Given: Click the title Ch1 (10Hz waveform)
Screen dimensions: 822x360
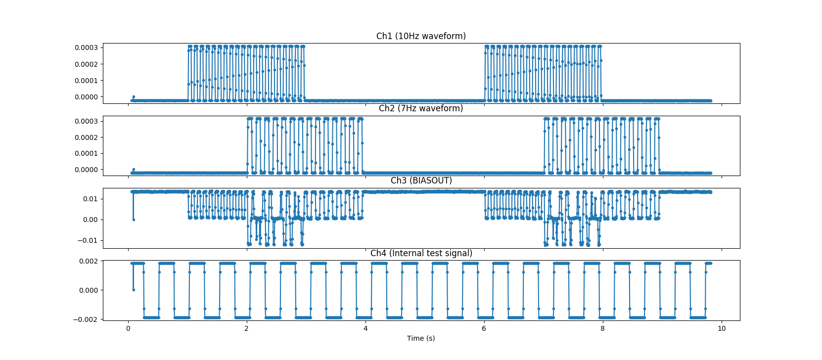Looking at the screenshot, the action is click(x=421, y=36).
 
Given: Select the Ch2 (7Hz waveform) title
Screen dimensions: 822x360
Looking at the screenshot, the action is click(x=421, y=108).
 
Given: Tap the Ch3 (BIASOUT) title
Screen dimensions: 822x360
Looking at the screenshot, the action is click(x=421, y=180).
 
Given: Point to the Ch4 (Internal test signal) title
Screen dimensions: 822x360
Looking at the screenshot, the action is click(x=421, y=253).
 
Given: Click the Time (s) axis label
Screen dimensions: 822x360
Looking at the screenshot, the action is click(x=421, y=338).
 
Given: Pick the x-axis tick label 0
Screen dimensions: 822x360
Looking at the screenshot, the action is click(x=128, y=328).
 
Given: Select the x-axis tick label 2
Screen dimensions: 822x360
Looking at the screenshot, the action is click(x=247, y=328).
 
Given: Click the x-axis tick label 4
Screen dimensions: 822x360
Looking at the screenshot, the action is click(x=365, y=328).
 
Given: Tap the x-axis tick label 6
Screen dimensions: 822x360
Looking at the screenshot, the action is click(x=484, y=328).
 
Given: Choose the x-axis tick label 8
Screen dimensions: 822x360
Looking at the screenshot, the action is click(x=602, y=328).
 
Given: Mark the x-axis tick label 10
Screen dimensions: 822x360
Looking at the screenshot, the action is click(x=722, y=328).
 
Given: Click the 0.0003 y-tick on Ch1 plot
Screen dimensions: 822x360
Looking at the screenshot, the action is click(x=86, y=47).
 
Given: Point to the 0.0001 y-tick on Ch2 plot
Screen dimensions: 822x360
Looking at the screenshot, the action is click(x=86, y=153).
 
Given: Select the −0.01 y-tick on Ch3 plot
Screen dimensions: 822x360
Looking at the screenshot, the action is click(x=88, y=241).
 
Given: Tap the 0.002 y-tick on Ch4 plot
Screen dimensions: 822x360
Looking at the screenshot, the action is click(x=89, y=261).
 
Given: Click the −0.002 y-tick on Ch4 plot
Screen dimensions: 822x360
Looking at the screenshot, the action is click(x=86, y=319).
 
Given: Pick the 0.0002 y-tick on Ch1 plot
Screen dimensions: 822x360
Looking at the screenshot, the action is click(x=86, y=64).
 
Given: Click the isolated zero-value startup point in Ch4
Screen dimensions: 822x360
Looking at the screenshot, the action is click(x=134, y=290).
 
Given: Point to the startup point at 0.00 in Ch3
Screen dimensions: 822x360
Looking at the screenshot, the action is click(x=134, y=220).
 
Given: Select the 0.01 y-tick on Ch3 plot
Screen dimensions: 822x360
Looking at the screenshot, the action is click(x=91, y=199).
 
